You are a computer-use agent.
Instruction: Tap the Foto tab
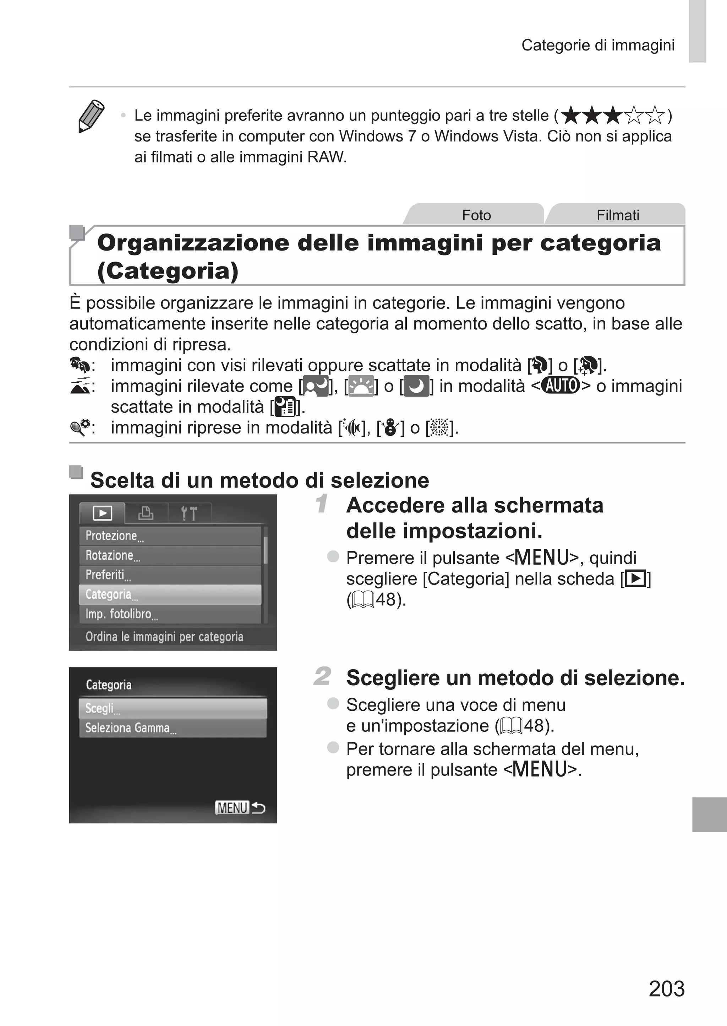click(476, 215)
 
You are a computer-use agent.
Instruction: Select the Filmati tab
click(617, 215)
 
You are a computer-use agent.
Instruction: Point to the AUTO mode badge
click(561, 386)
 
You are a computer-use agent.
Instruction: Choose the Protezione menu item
click(170, 536)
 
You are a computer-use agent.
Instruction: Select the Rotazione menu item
click(170, 555)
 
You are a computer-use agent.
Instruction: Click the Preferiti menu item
click(170, 575)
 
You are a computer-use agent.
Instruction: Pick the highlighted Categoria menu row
click(170, 595)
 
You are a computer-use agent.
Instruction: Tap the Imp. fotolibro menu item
click(170, 614)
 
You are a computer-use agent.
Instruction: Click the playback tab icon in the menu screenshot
click(103, 513)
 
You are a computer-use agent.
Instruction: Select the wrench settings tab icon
click(189, 514)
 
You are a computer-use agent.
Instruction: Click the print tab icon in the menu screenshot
click(146, 513)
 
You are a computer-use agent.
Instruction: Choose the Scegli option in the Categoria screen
click(173, 708)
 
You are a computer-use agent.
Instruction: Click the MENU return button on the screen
click(240, 808)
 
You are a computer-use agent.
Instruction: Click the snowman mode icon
click(391, 428)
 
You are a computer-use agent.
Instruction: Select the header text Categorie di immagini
click(598, 45)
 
